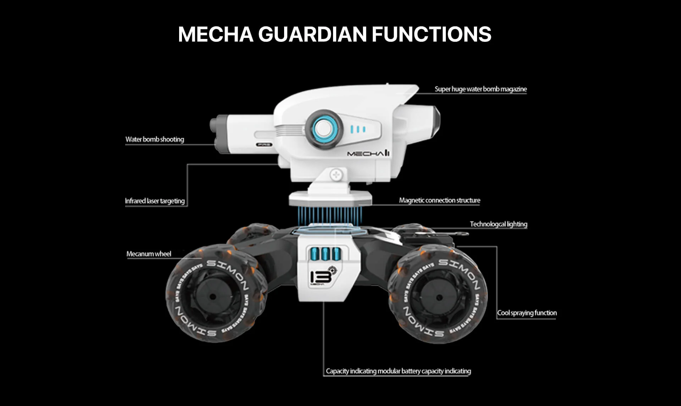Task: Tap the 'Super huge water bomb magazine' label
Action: tap(481, 89)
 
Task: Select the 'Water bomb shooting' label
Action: tap(155, 139)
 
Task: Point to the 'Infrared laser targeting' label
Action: tap(155, 201)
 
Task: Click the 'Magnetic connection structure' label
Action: tap(439, 200)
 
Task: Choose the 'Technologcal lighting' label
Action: tap(498, 224)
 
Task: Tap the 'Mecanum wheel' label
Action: tap(149, 254)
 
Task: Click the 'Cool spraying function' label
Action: tap(527, 313)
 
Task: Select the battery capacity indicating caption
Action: tap(398, 371)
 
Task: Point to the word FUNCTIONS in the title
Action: tap(431, 34)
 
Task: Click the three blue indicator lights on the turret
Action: tap(358, 129)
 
